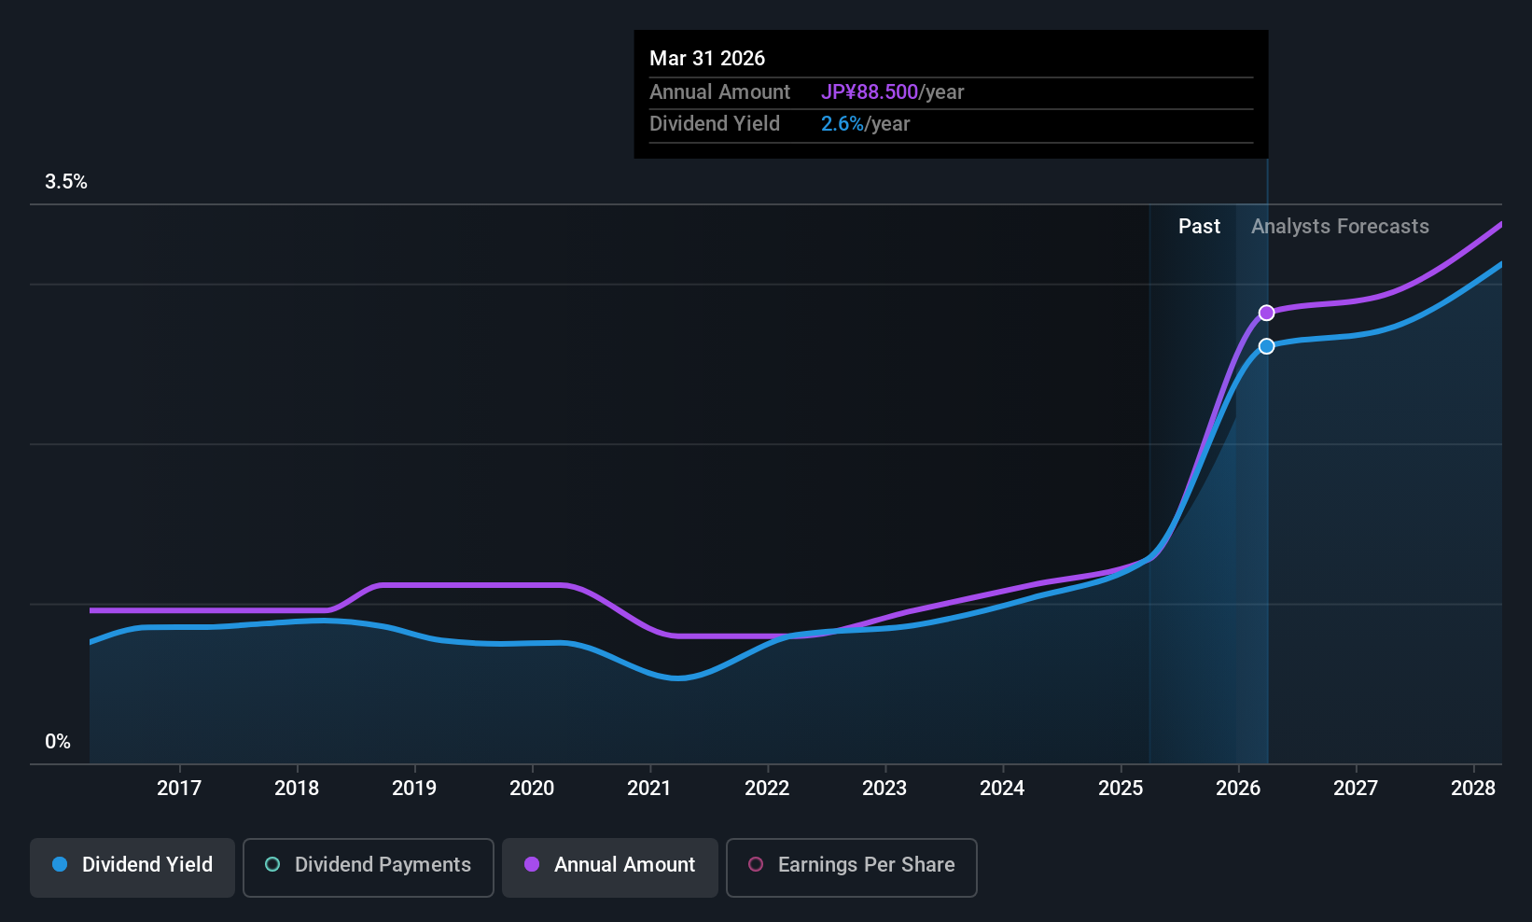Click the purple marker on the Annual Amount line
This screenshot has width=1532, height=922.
(1267, 313)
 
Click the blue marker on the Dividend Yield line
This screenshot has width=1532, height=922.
(1267, 346)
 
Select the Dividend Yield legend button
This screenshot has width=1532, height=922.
(132, 867)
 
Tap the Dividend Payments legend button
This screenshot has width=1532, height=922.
(368, 867)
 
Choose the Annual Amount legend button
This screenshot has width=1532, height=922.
(610, 867)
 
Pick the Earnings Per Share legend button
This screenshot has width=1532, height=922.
(852, 867)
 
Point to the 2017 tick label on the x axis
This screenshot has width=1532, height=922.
(179, 788)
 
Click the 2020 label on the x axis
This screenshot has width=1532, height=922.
(532, 788)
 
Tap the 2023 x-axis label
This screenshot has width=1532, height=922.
(885, 788)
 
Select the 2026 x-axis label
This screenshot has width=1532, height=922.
(1238, 788)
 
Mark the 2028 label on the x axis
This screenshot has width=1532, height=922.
(1473, 788)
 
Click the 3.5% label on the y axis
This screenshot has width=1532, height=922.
(65, 182)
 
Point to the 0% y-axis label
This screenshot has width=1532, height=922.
(58, 742)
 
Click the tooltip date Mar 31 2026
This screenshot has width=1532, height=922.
(707, 58)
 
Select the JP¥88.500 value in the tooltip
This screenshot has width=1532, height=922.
(870, 91)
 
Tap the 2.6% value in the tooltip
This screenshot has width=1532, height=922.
(842, 124)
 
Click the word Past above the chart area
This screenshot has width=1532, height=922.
(1199, 227)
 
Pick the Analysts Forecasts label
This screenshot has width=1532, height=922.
(1340, 227)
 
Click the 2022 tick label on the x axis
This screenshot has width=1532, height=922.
(767, 788)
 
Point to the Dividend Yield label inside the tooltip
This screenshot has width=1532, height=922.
(715, 124)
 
